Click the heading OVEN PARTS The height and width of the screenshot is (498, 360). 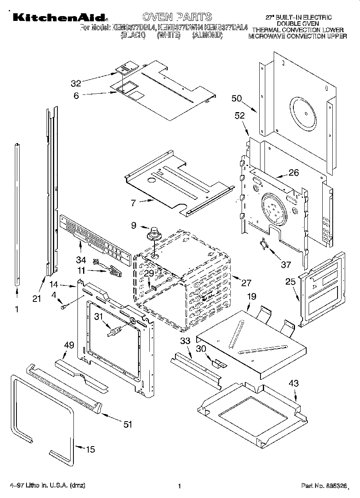click(177, 16)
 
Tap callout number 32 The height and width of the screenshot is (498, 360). click(76, 83)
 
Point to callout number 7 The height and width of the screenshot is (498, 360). click(134, 203)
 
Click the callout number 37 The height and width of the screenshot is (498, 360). click(285, 264)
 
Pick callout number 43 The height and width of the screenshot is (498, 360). click(294, 383)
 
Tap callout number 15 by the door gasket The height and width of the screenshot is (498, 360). click(91, 449)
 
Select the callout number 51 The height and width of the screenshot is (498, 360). click(128, 424)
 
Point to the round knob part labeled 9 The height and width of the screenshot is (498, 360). click(153, 234)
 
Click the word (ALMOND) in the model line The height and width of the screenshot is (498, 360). click(207, 36)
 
